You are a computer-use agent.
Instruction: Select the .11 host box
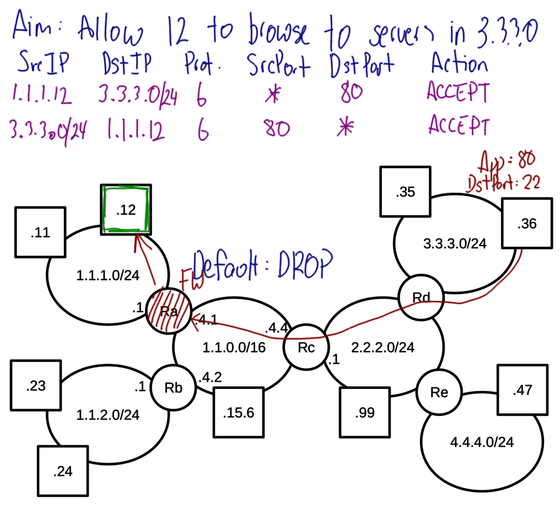(41, 232)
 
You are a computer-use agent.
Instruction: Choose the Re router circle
(439, 393)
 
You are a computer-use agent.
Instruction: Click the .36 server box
(526, 224)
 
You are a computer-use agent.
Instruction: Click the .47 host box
(522, 391)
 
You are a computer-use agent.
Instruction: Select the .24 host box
(62, 471)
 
